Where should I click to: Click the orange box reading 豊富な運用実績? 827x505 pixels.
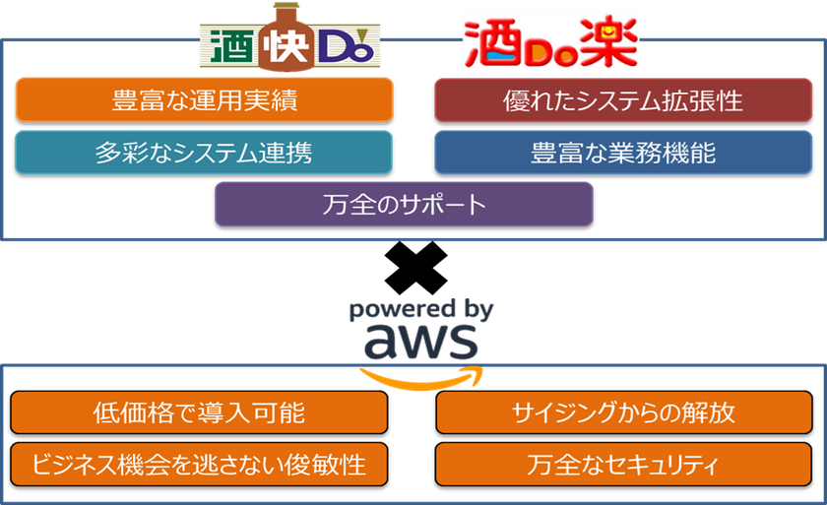tap(204, 99)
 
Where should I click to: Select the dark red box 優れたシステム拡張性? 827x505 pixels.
tap(623, 100)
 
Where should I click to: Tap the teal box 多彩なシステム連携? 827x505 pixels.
tap(204, 153)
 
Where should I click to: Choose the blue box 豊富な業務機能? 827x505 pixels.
tap(623, 153)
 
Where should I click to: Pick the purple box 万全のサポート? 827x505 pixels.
tap(404, 204)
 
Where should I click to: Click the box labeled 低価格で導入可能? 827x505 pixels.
tap(199, 412)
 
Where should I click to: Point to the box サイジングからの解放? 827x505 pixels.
tap(624, 412)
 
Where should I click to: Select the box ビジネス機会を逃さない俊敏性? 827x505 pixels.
tap(199, 465)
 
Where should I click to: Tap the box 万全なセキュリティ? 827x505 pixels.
tap(623, 465)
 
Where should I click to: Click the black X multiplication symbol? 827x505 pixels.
tap(416, 268)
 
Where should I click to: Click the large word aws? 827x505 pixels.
tap(421, 342)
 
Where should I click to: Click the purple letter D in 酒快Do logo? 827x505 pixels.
tap(338, 46)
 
